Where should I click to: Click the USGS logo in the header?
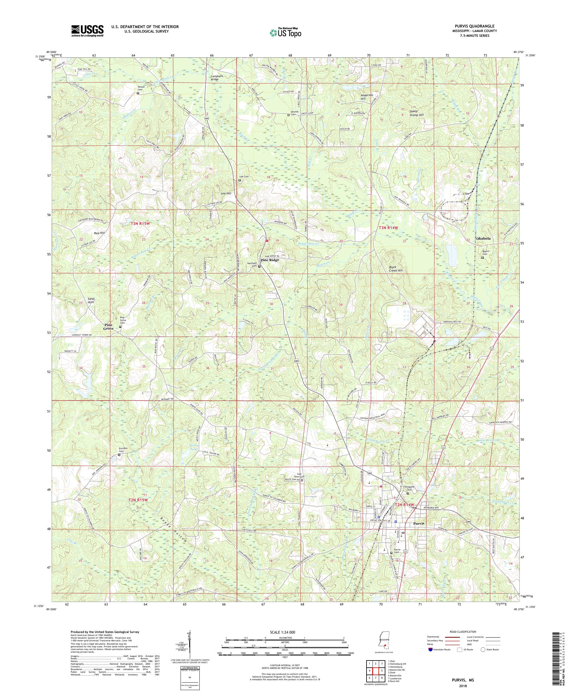click(88, 31)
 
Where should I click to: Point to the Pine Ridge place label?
click(270, 260)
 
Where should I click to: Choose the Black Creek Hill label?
click(395, 268)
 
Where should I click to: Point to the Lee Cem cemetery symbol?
click(240, 180)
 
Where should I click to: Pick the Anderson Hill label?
click(367, 97)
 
